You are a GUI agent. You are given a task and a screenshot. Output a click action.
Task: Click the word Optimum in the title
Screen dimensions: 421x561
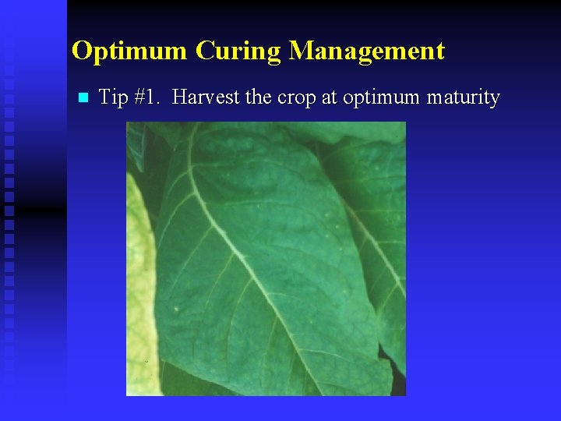click(129, 51)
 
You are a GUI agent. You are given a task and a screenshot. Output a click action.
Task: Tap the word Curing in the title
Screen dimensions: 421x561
click(238, 51)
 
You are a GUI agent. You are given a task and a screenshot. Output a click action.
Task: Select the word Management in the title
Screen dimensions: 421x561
click(367, 51)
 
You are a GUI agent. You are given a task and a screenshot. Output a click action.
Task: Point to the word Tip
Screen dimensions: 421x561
click(113, 98)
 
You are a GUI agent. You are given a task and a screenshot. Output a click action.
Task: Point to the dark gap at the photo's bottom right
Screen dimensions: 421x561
click(398, 382)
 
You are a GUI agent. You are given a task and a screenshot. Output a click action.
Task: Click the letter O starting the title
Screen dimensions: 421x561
click(81, 51)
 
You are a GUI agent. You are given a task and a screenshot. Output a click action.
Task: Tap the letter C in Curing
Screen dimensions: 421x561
click(204, 51)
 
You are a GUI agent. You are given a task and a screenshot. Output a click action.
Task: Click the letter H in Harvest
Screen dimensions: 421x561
click(180, 97)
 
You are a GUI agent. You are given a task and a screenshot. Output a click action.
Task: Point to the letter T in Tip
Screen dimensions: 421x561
click(104, 97)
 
